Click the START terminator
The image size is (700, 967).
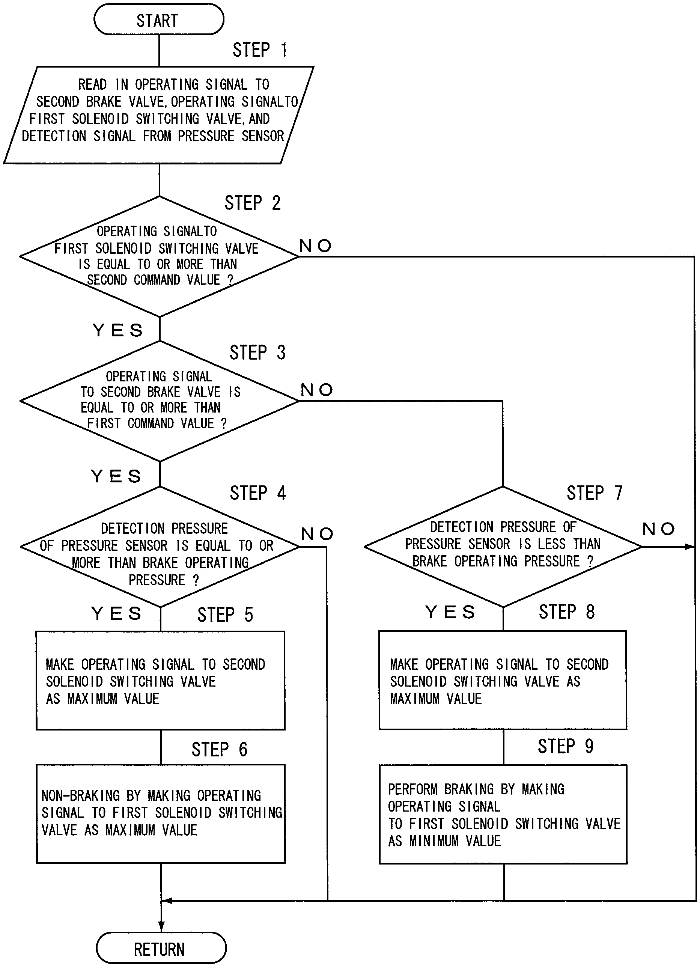click(159, 20)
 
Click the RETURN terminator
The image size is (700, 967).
click(161, 949)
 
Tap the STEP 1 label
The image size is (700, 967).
click(260, 50)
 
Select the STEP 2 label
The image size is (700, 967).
click(252, 203)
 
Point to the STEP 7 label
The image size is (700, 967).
click(594, 493)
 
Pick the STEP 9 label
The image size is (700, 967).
click(565, 746)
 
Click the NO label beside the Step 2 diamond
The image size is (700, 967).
click(315, 246)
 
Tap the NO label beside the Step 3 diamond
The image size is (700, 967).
click(316, 390)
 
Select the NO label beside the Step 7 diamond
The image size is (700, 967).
click(659, 529)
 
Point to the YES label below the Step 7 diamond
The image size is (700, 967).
click(450, 612)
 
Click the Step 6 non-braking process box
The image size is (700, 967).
click(161, 814)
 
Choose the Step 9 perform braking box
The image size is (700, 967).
click(503, 814)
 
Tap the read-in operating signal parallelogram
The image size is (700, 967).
click(159, 115)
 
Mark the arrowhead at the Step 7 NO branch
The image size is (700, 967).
click(690, 547)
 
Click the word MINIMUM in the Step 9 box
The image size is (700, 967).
click(434, 841)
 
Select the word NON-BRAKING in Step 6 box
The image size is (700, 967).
click(81, 795)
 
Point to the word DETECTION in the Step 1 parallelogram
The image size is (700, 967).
click(54, 136)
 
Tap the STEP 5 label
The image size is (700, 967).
click(225, 615)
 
